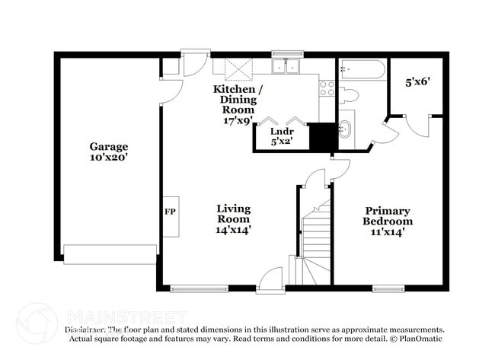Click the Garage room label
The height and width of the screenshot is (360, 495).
point(109,146)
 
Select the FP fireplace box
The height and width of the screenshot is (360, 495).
point(171,211)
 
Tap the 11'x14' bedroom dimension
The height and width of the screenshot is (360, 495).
point(387,231)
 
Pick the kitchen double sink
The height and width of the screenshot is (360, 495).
point(288,67)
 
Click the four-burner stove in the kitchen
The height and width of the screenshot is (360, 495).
point(326,88)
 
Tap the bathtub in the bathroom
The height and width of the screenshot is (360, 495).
point(360,69)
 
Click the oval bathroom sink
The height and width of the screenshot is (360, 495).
point(345,127)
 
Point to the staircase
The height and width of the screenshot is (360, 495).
point(315,236)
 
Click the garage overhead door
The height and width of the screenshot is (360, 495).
point(110,253)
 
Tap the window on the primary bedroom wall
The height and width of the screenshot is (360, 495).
point(388,288)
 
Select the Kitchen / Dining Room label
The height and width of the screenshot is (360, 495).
point(238,104)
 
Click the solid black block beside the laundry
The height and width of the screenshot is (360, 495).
point(323,137)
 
